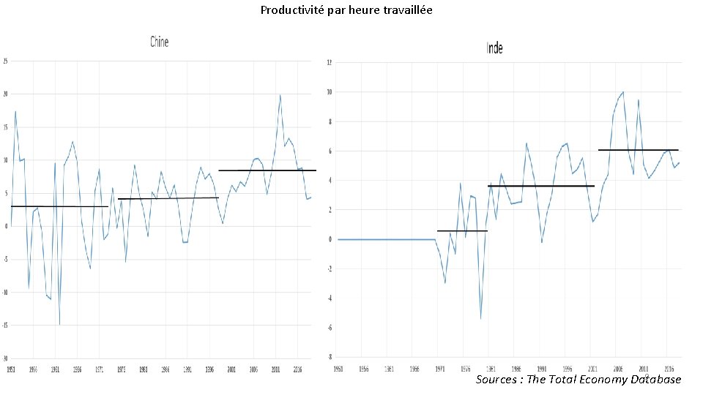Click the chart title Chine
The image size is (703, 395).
(x=159, y=42)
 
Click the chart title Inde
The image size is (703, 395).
(x=495, y=48)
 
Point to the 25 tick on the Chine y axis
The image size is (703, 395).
(x=5, y=61)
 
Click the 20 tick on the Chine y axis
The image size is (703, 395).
(x=5, y=94)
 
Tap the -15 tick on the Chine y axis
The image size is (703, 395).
(x=5, y=325)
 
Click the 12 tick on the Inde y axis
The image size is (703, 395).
(x=329, y=62)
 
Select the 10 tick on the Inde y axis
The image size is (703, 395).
(x=329, y=92)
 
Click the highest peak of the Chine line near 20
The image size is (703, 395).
(x=280, y=95)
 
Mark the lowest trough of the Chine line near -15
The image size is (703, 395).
(x=59, y=323)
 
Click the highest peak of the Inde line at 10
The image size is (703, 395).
(x=622, y=92)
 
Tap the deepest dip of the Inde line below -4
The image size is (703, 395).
(x=481, y=318)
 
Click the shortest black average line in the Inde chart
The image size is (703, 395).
(x=461, y=231)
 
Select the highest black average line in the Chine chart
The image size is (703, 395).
(x=267, y=170)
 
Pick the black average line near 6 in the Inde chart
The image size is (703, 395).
(x=638, y=150)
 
